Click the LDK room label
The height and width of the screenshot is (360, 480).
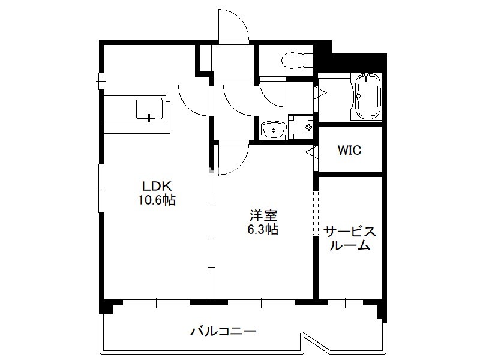[x=157, y=185]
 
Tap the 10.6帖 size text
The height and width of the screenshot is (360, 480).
[x=157, y=200]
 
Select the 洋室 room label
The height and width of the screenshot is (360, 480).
[x=263, y=215]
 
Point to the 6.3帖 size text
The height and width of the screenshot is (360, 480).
[x=263, y=229]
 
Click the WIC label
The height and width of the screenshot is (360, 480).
[x=349, y=150]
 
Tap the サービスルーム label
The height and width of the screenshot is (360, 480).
[x=350, y=239]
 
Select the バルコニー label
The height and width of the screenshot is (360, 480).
[x=223, y=331]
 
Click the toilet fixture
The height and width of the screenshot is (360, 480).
[x=297, y=60]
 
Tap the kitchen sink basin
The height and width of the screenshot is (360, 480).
[x=149, y=109]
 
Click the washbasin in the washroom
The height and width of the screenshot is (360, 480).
[x=274, y=130]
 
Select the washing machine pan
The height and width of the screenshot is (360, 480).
[x=301, y=127]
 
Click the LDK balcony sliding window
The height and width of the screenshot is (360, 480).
[x=157, y=303]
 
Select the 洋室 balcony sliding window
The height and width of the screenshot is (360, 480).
[x=261, y=303]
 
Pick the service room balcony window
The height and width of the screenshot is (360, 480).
[x=346, y=303]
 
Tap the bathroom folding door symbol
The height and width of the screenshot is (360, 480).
[x=320, y=93]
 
